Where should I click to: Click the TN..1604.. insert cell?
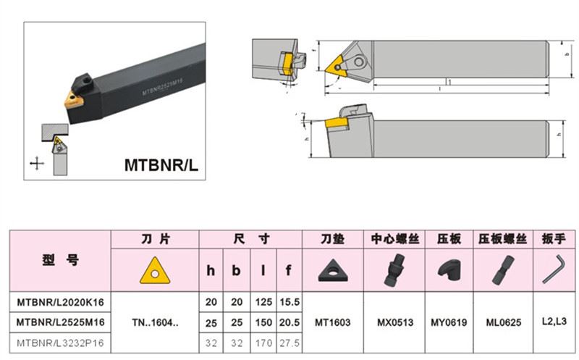click(x=154, y=321)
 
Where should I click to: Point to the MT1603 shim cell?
click(x=334, y=321)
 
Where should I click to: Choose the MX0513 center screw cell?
click(x=394, y=321)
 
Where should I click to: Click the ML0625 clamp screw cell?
click(x=502, y=321)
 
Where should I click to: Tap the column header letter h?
click(x=211, y=270)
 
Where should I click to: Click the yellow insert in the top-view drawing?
click(x=337, y=65)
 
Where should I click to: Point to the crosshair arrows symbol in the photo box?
click(x=37, y=162)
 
